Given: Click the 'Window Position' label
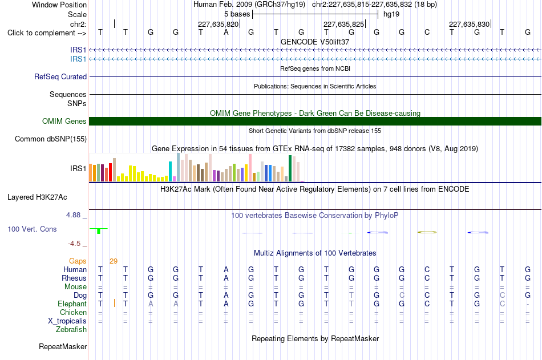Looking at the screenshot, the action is pyautogui.click(x=59, y=5).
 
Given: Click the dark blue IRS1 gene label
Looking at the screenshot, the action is pyautogui.click(x=78, y=50).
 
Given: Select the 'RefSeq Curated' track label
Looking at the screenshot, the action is pyautogui.click(x=60, y=77).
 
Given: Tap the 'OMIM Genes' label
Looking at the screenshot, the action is pyautogui.click(x=64, y=121).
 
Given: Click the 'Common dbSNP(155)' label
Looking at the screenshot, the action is pyautogui.click(x=51, y=139).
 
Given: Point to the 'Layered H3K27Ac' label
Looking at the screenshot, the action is pyautogui.click(x=37, y=197).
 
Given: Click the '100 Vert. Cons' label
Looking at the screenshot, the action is pyautogui.click(x=32, y=229).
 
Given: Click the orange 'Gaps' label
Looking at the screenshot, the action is pyautogui.click(x=78, y=261).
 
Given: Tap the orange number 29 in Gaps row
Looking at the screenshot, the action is pyautogui.click(x=114, y=261).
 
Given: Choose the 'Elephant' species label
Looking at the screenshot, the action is pyautogui.click(x=72, y=304).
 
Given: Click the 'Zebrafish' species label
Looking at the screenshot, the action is pyautogui.click(x=71, y=330).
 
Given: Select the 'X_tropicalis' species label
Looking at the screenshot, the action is pyautogui.click(x=67, y=321).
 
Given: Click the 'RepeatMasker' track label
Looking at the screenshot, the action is pyautogui.click(x=63, y=346).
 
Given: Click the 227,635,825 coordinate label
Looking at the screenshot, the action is pyautogui.click(x=343, y=24).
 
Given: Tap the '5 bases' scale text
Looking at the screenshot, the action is pyautogui.click(x=237, y=14).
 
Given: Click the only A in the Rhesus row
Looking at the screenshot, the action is pyautogui.click(x=226, y=278).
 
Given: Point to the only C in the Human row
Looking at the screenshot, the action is pyautogui.click(x=427, y=269).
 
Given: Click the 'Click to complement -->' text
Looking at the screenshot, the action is pyautogui.click(x=47, y=33).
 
